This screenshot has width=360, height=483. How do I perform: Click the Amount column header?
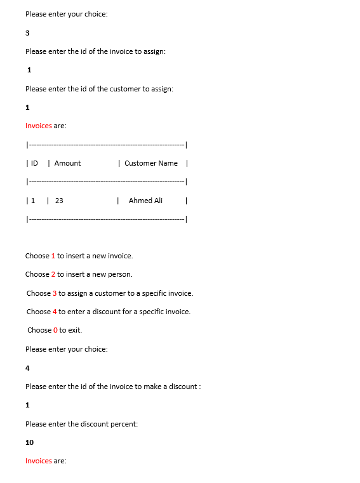click(67, 163)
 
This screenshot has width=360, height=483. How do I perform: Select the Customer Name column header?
click(151, 163)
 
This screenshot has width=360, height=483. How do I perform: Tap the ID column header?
click(34, 163)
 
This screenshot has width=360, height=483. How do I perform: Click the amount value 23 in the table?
click(59, 201)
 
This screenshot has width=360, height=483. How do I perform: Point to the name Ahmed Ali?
click(145, 201)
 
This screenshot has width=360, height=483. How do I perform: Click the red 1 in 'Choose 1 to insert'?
click(53, 256)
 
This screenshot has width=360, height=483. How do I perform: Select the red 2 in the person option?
click(53, 274)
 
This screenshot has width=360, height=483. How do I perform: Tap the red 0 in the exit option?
click(55, 330)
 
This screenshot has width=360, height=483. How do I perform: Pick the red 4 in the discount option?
click(55, 312)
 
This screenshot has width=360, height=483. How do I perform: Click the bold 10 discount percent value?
click(30, 442)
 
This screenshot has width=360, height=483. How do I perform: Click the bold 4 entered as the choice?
click(27, 368)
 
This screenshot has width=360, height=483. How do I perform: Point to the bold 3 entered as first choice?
click(27, 32)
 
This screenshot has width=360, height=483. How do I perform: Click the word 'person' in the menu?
click(121, 274)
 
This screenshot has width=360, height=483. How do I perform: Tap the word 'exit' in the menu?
click(75, 330)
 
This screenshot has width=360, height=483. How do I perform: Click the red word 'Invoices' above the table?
click(39, 126)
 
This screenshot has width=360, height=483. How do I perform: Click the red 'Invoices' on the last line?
click(39, 461)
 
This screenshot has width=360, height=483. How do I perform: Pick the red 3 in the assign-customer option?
click(55, 293)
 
